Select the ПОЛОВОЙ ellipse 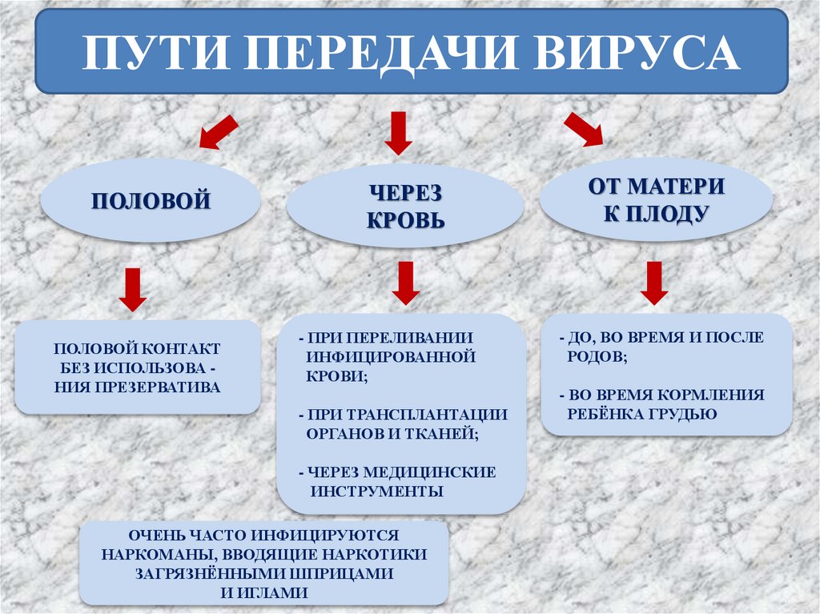pos(151,199)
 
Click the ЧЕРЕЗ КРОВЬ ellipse pos(405,206)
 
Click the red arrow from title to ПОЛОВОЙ pos(218,132)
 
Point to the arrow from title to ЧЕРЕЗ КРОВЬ pos(397,133)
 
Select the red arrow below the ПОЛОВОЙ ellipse pos(133,289)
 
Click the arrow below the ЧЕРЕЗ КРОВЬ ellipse pos(406,283)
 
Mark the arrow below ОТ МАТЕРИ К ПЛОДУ pos(655,283)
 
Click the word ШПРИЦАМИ pos(345,573)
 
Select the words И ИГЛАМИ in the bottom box pos(263,592)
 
